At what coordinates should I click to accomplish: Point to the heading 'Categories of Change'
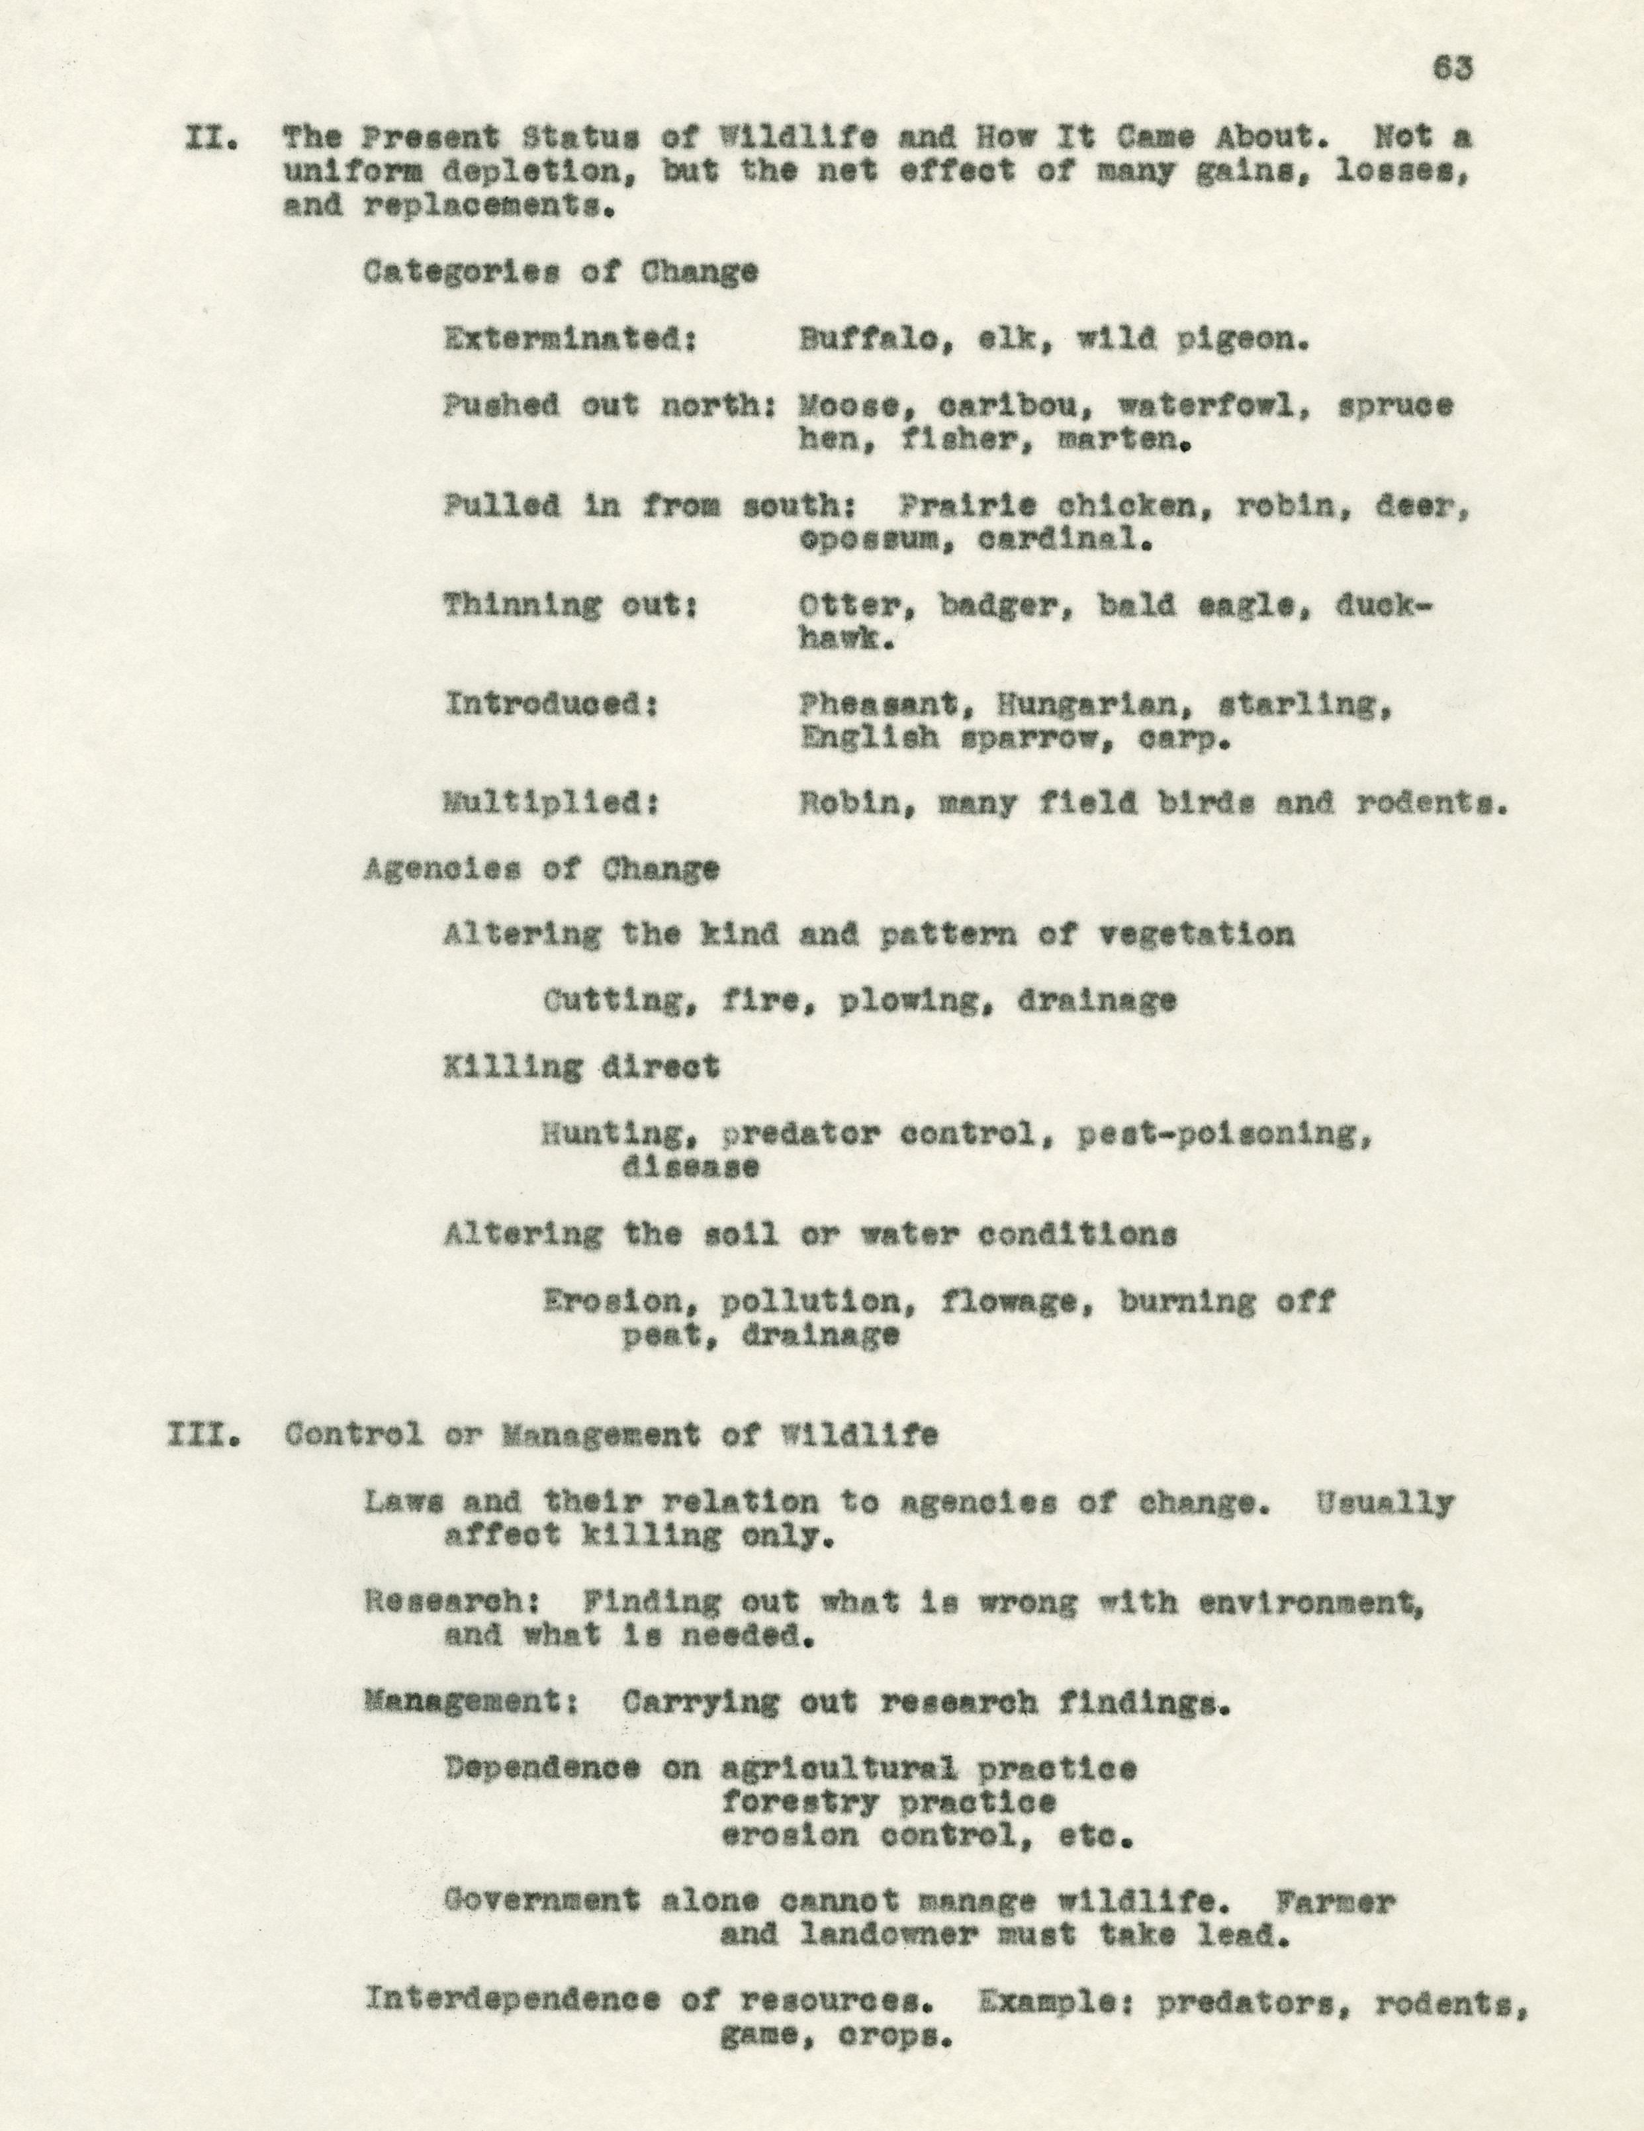coord(560,272)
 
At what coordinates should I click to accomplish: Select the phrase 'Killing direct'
coord(582,1067)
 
